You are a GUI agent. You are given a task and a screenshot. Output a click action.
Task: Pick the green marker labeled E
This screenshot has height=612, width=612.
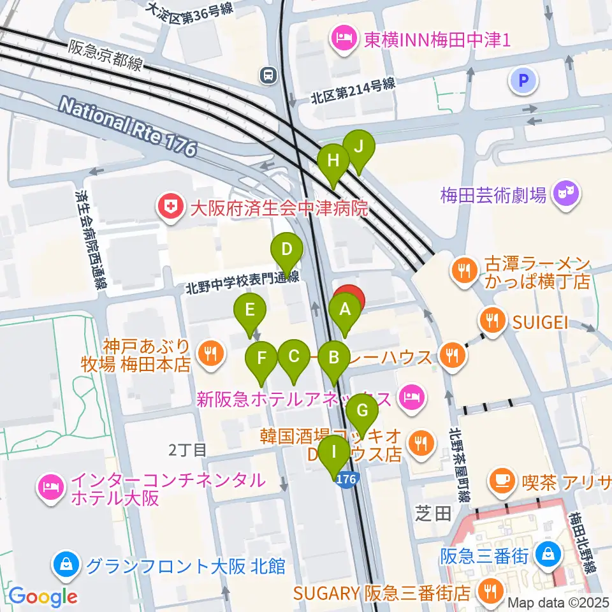[250, 311]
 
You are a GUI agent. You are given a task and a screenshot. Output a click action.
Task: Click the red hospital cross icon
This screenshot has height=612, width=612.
[169, 207]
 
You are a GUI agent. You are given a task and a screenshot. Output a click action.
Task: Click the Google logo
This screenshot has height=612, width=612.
[43, 596]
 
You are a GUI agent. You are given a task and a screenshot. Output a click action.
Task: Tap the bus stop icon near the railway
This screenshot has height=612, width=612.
[268, 76]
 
